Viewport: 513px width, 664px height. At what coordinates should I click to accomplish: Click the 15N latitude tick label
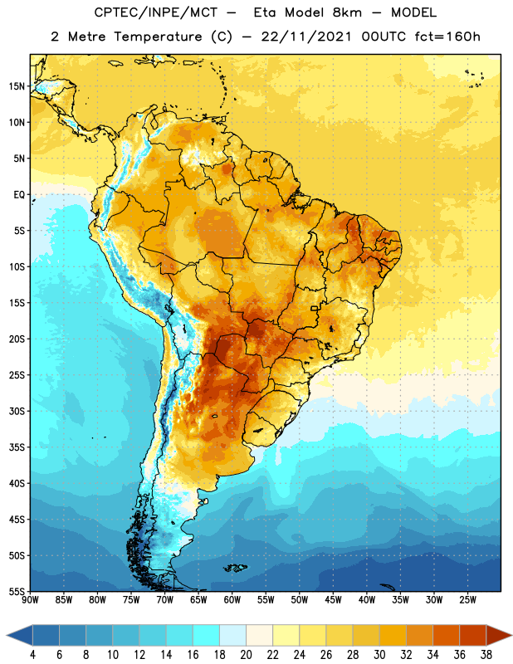[x=17, y=86]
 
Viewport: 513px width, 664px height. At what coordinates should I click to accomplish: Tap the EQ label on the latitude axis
[x=19, y=195]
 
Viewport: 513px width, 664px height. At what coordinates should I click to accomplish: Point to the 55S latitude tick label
[x=17, y=591]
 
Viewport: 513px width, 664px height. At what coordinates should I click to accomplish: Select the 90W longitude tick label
[x=30, y=599]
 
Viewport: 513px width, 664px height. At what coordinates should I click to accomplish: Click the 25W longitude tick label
[x=467, y=599]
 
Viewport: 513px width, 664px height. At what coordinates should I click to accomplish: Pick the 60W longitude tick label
[x=232, y=599]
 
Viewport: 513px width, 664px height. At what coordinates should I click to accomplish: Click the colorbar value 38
[x=486, y=655]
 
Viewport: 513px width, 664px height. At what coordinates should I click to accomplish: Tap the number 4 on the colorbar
[x=32, y=655]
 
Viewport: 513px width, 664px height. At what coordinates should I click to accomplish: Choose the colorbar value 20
[x=246, y=655]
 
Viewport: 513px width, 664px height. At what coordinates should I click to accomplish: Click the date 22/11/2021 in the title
[x=306, y=37]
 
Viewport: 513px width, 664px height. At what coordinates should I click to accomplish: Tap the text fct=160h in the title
[x=447, y=37]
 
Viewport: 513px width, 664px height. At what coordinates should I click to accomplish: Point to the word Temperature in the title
[x=158, y=37]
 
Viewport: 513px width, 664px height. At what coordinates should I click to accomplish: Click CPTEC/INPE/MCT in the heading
[x=156, y=12]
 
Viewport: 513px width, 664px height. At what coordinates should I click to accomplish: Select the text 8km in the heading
[x=347, y=12]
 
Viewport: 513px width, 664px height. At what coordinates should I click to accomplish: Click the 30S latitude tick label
[x=17, y=411]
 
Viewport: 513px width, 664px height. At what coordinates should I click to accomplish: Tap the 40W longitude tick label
[x=367, y=599]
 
